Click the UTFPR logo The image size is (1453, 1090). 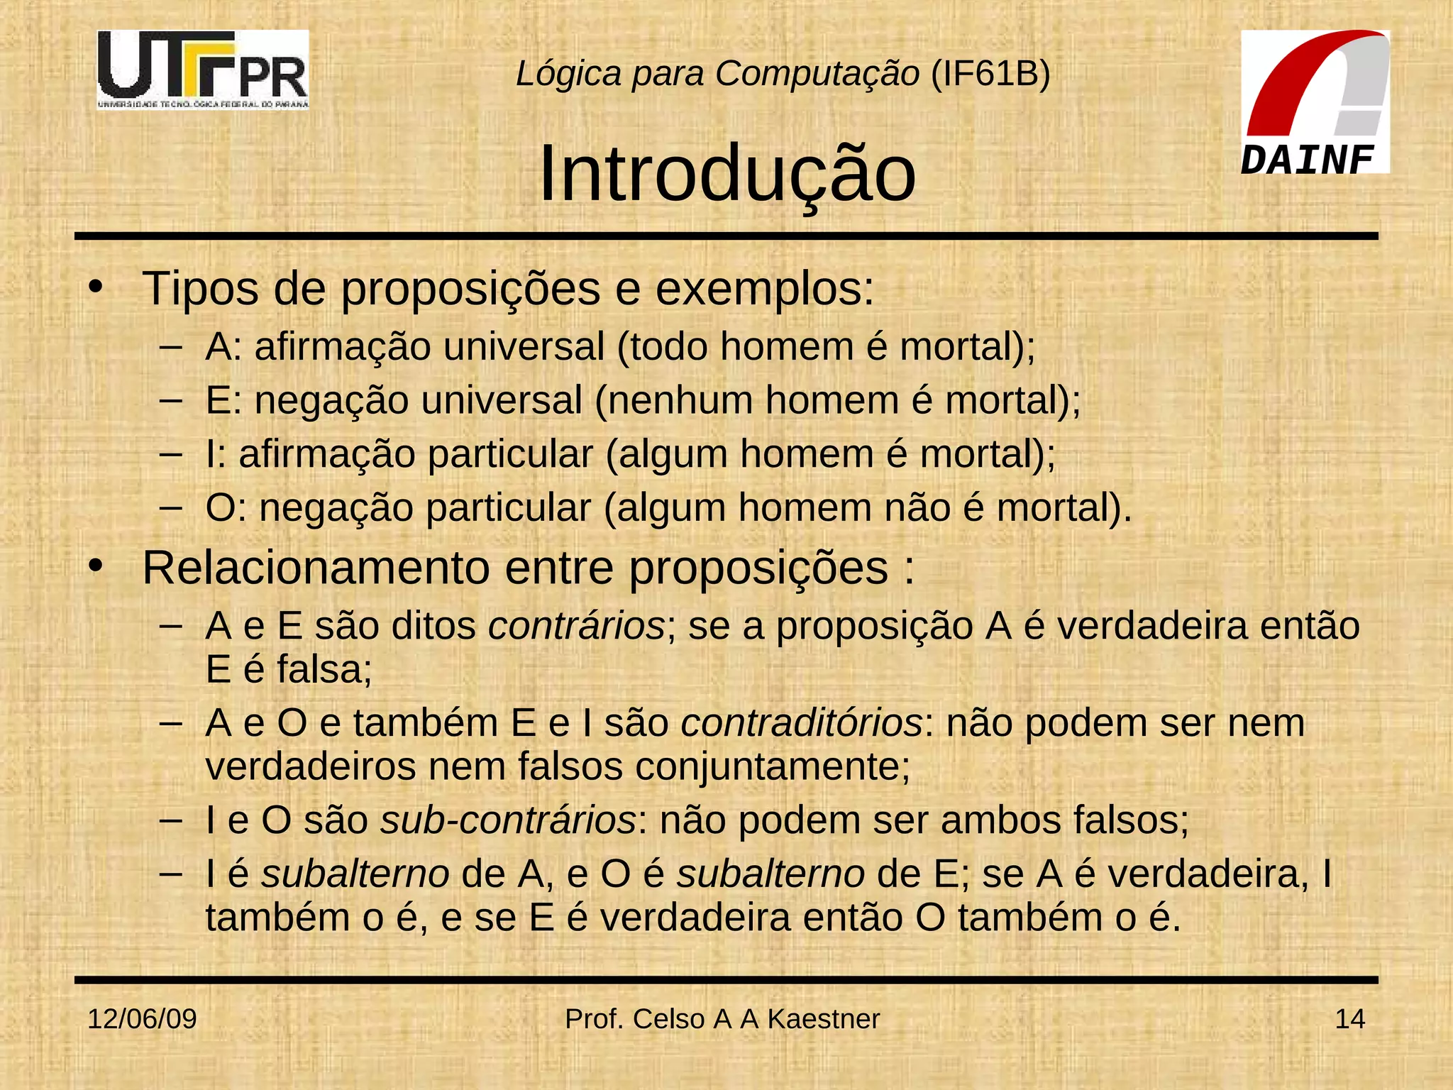click(x=203, y=69)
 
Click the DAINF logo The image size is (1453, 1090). click(x=1315, y=102)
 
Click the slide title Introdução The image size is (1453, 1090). click(x=727, y=174)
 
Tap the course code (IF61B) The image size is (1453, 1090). click(x=990, y=74)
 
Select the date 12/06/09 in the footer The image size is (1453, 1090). click(x=142, y=1019)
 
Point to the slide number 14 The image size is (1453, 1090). click(x=1349, y=1019)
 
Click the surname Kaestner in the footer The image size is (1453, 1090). click(x=823, y=1019)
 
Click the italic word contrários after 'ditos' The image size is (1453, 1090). click(x=577, y=626)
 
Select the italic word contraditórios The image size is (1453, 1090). click(x=802, y=723)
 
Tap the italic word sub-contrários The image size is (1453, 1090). click(x=508, y=820)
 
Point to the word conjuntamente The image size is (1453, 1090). click(x=771, y=767)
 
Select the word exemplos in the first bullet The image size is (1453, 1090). click(x=764, y=289)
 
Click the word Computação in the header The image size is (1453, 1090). click(x=817, y=74)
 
